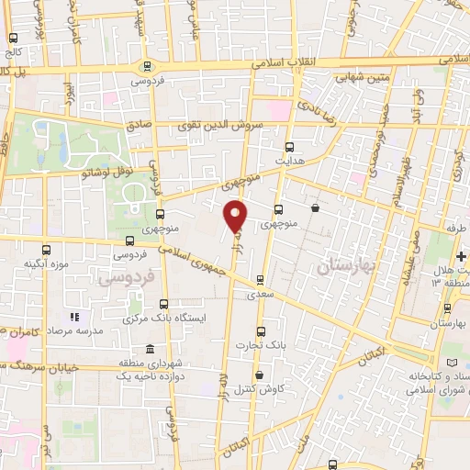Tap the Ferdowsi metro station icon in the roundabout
click(146, 65)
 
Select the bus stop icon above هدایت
click(290, 146)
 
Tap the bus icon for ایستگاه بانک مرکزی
click(164, 303)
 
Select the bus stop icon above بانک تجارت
click(262, 331)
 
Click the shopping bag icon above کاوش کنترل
click(261, 374)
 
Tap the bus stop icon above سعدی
click(261, 281)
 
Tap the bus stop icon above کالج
click(13, 39)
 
